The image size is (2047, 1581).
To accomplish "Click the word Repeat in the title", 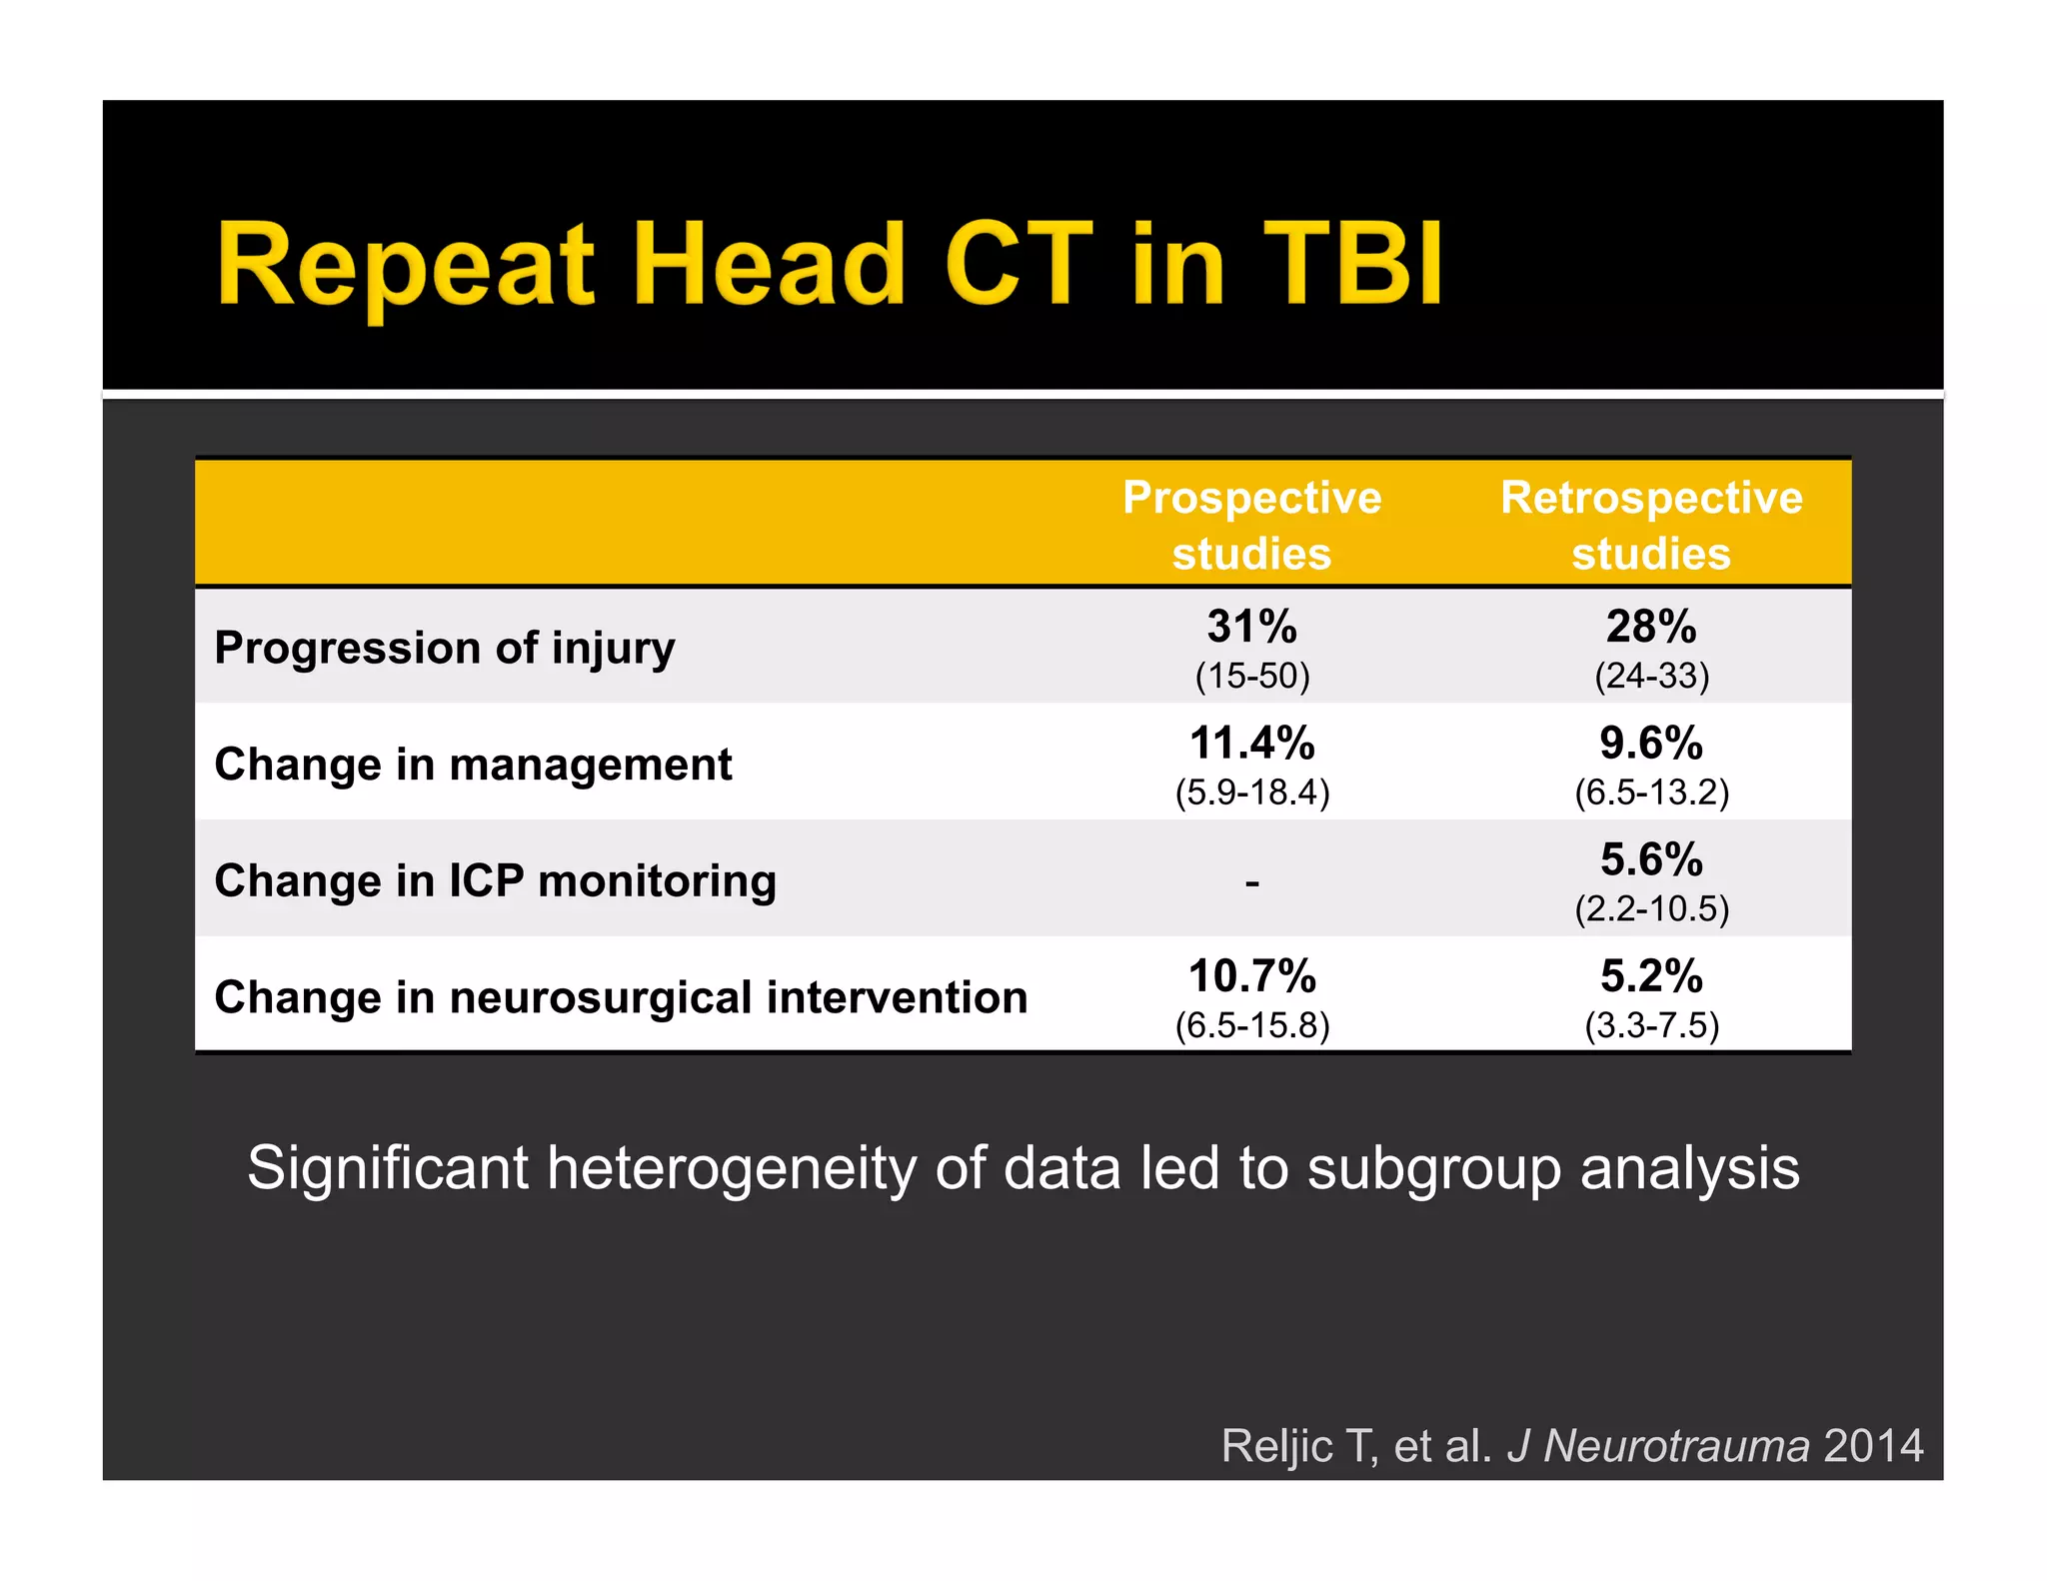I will pyautogui.click(x=405, y=265).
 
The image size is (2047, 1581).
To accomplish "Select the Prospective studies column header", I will pyautogui.click(x=1251, y=525).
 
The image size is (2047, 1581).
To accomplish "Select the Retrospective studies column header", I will pyautogui.click(x=1651, y=525).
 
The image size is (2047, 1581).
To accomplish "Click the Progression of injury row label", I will pyautogui.click(x=445, y=648).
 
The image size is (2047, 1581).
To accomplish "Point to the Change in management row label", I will pyautogui.click(x=473, y=765).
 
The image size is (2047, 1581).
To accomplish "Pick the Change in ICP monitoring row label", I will pyautogui.click(x=495, y=881).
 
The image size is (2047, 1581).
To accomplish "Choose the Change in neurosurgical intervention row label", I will pyautogui.click(x=621, y=997).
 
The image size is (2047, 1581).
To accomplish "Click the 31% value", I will pyautogui.click(x=1251, y=627).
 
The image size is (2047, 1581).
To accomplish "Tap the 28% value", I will pyautogui.click(x=1651, y=627).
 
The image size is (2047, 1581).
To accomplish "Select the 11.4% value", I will pyautogui.click(x=1251, y=744).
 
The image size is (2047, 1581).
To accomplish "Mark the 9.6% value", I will pyautogui.click(x=1651, y=744).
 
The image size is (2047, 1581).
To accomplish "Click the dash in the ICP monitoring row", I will pyautogui.click(x=1251, y=883).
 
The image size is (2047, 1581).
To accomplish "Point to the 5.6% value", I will pyautogui.click(x=1651, y=859).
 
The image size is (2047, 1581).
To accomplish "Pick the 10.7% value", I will pyautogui.click(x=1251, y=976).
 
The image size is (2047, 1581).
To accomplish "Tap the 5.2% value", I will pyautogui.click(x=1651, y=976).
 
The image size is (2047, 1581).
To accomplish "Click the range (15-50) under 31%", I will pyautogui.click(x=1251, y=677).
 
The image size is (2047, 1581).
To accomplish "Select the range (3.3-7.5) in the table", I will pyautogui.click(x=1651, y=1026).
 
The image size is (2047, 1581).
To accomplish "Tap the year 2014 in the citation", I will pyautogui.click(x=1873, y=1446).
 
